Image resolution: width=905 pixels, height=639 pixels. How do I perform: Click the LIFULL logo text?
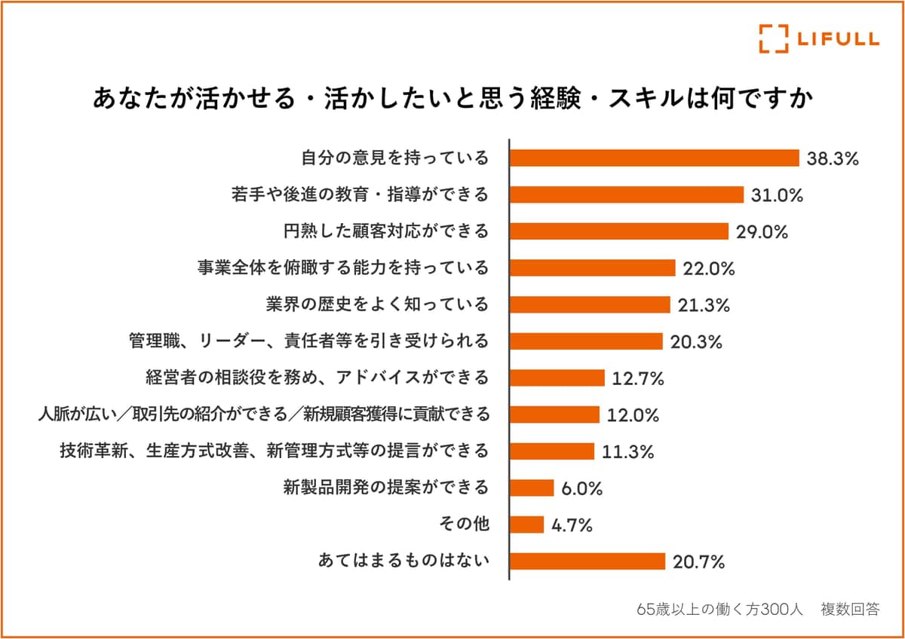(836, 38)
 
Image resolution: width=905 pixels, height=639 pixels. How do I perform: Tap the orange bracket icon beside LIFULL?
(773, 38)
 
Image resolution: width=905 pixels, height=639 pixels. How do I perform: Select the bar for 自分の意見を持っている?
(655, 157)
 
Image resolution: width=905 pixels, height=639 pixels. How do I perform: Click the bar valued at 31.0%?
(627, 194)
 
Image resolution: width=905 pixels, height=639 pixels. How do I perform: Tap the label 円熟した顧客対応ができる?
(386, 231)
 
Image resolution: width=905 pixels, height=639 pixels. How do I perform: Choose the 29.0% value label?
(762, 232)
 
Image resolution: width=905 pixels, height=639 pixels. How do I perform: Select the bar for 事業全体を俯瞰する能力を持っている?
(593, 268)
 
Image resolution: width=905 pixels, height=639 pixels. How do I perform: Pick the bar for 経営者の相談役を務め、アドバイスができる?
(558, 378)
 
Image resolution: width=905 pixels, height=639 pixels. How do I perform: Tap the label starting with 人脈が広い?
(264, 414)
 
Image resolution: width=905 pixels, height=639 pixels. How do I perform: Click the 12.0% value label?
(633, 415)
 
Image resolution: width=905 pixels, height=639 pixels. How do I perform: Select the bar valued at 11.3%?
(553, 451)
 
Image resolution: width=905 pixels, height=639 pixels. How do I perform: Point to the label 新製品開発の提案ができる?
(386, 488)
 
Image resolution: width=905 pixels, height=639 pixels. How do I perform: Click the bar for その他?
(527, 524)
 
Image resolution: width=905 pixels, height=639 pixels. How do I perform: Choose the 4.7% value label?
(572, 525)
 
